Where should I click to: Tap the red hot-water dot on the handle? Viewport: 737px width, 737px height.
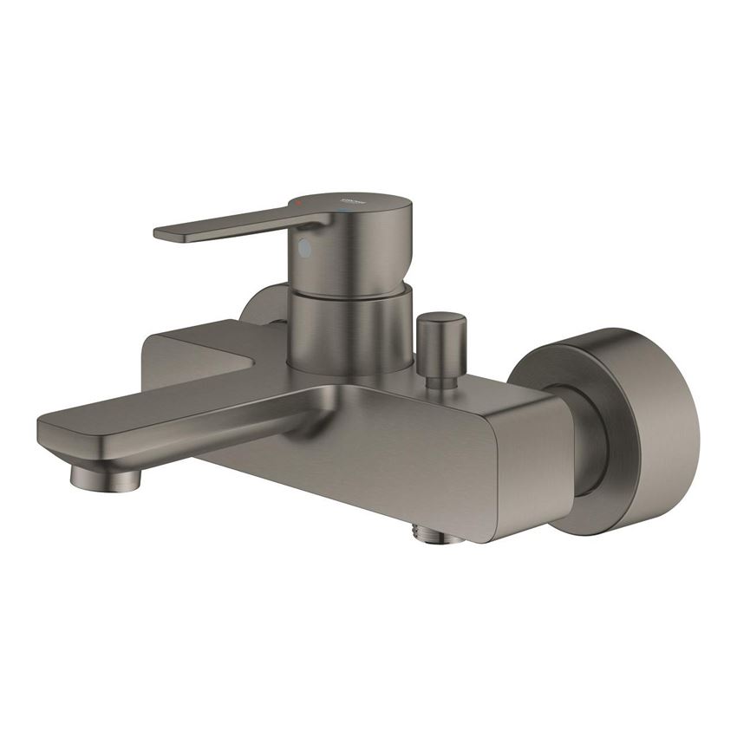(x=299, y=202)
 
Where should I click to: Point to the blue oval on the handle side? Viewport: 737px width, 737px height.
(x=303, y=249)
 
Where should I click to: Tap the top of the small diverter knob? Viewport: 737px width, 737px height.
(x=440, y=319)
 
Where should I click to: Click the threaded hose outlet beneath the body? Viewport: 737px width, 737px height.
(x=439, y=535)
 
